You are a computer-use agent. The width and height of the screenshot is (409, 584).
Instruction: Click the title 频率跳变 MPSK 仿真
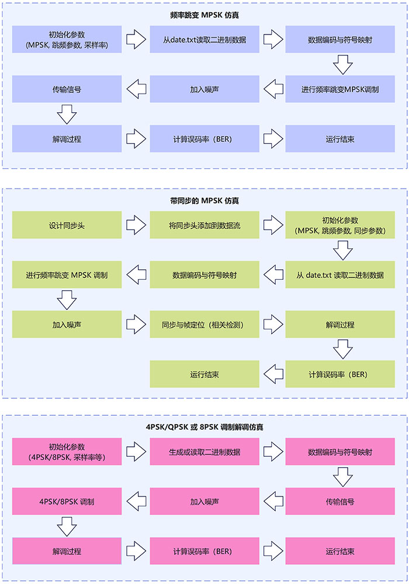pos(204,16)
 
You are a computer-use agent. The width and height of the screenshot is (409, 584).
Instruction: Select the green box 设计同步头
pos(67,225)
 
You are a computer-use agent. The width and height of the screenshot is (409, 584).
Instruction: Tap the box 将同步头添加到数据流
pos(204,225)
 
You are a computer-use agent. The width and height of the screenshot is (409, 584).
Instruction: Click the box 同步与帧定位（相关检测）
pos(204,324)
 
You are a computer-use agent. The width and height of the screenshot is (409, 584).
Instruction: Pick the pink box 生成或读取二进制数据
pos(204,452)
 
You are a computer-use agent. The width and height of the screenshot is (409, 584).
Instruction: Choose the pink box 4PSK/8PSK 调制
pos(67,502)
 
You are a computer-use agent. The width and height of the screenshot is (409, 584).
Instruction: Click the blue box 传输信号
pos(67,90)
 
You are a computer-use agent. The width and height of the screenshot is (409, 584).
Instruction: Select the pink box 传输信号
pos(340,502)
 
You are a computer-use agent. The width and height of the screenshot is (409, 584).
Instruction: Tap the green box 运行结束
pos(204,374)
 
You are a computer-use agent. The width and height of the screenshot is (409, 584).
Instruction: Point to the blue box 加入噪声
pos(204,90)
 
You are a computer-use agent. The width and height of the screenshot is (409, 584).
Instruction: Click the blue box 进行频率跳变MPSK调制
pos(340,90)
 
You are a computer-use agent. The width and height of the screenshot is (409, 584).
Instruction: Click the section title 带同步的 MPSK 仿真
pos(204,200)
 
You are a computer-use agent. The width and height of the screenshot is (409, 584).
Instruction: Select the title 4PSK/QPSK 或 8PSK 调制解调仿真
pos(204,427)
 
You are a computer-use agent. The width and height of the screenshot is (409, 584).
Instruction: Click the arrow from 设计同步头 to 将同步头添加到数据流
pos(136,225)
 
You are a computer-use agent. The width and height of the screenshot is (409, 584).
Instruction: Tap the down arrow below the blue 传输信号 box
pos(67,114)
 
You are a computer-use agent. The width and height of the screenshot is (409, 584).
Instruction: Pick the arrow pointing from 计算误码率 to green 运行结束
pos(272,374)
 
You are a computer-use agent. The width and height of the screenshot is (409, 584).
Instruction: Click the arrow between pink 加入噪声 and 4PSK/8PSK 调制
pos(136,502)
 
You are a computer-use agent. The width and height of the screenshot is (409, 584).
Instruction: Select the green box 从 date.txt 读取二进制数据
pos(340,274)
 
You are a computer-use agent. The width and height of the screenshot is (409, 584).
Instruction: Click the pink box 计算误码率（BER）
pos(204,551)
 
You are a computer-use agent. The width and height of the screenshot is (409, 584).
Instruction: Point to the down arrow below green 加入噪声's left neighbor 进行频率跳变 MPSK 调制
pos(67,300)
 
